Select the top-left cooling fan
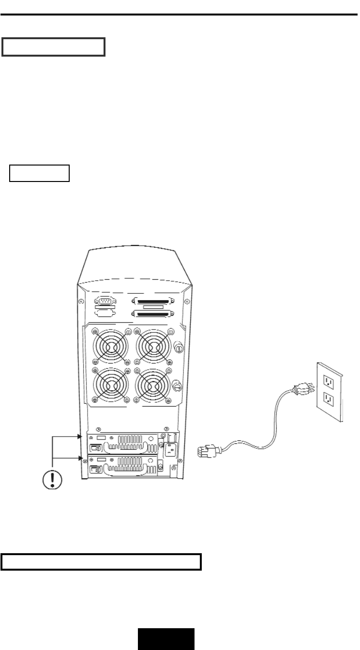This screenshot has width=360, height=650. click(x=110, y=347)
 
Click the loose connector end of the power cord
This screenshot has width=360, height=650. click(x=208, y=452)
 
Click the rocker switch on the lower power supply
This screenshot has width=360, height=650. click(x=95, y=469)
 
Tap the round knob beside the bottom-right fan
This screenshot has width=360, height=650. click(x=177, y=386)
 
